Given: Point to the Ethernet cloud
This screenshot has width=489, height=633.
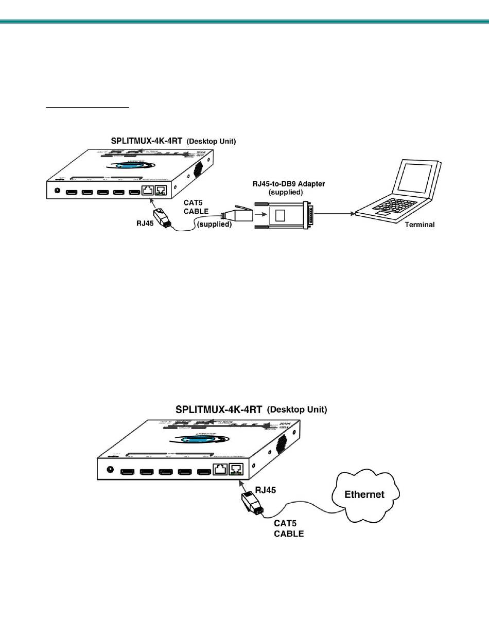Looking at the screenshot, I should click(364, 494).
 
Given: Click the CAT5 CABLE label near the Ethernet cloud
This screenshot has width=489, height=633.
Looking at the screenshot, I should click(288, 528).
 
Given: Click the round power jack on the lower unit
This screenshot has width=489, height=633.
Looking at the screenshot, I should click(109, 469).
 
